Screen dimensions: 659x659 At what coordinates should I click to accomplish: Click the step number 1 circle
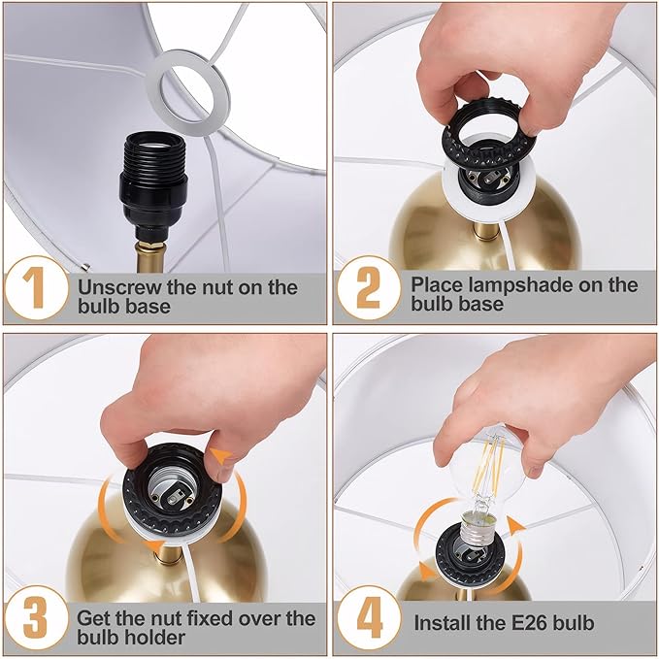tap(37, 288)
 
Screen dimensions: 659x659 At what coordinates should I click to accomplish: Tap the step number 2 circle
tap(369, 288)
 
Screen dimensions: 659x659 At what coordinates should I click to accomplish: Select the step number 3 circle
tap(37, 618)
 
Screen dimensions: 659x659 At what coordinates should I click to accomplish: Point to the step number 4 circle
tap(369, 618)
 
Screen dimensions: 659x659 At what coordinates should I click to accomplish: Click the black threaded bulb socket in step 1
tap(153, 181)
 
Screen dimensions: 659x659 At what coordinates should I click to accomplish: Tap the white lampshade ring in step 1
tap(188, 93)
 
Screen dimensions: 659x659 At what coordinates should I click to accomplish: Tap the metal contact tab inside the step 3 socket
tap(173, 499)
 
